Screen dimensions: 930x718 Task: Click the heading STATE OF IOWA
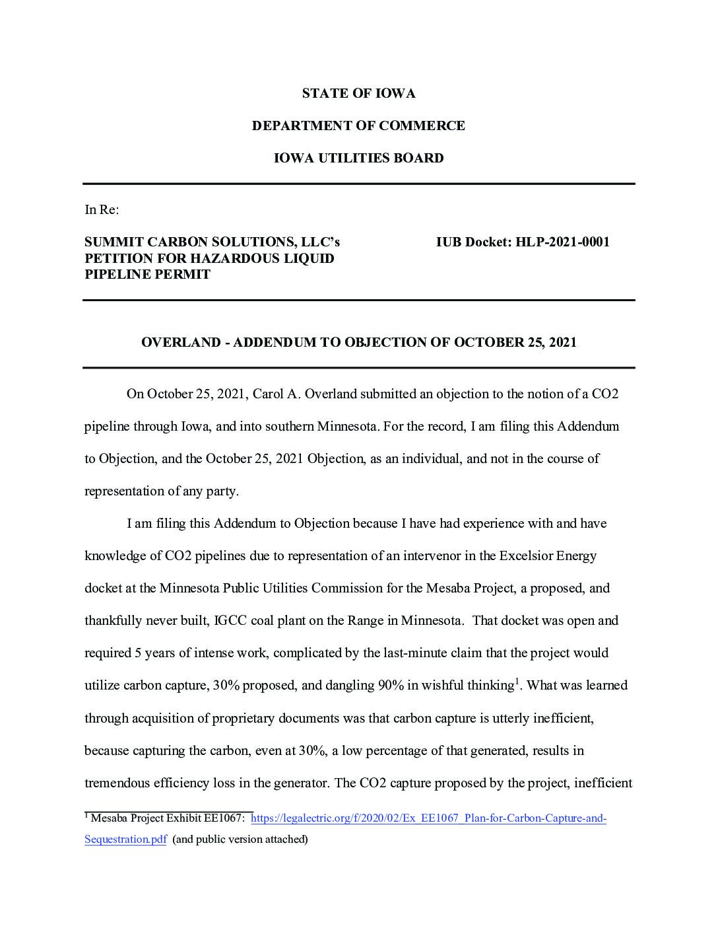click(358, 94)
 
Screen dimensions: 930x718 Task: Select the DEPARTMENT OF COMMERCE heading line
click(358, 126)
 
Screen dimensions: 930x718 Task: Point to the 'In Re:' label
click(102, 210)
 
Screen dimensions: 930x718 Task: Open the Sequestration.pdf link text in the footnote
click(125, 840)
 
